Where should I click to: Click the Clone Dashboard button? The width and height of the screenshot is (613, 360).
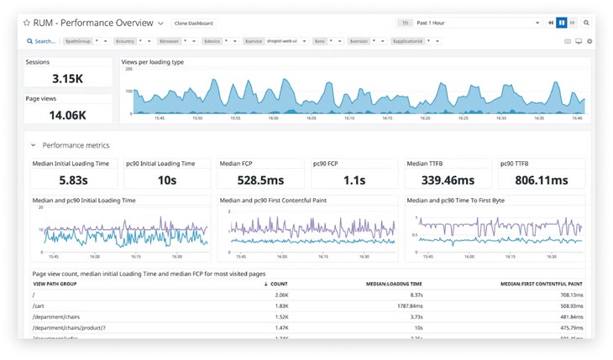(x=193, y=23)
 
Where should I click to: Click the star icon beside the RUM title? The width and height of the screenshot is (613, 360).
(x=27, y=23)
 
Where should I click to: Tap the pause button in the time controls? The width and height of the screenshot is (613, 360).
(x=562, y=23)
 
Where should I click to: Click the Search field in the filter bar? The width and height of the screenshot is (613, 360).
(x=42, y=41)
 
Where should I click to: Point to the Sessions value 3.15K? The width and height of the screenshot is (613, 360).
(x=67, y=78)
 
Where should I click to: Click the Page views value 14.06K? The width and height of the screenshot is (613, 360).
(x=67, y=115)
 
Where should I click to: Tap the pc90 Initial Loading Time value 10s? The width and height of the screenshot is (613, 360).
(x=167, y=180)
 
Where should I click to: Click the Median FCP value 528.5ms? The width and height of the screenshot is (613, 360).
(x=261, y=180)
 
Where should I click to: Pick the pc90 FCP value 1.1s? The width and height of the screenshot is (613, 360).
(x=354, y=180)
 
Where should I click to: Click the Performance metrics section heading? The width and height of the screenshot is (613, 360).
(x=76, y=145)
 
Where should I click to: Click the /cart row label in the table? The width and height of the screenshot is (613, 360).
(x=39, y=306)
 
